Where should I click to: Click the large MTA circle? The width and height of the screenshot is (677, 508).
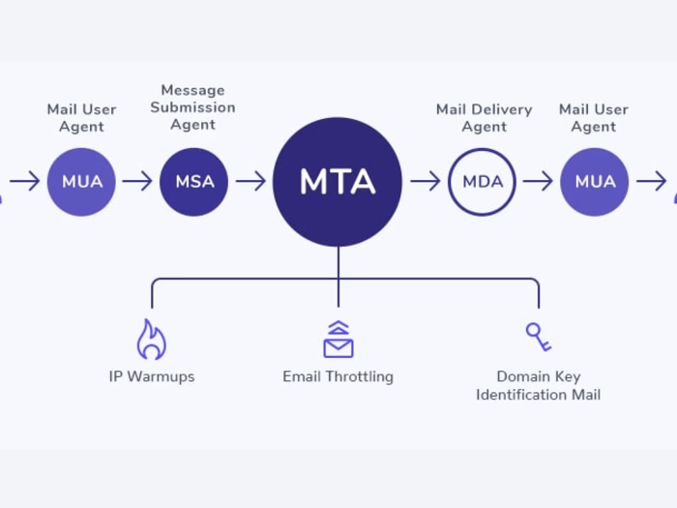338,181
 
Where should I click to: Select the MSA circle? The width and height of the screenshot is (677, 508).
194,181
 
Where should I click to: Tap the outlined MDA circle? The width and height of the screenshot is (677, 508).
482,181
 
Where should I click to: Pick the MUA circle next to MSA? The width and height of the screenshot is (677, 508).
82,181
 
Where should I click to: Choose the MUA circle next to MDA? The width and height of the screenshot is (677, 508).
594,181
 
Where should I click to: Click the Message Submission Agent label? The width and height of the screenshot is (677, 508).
192,107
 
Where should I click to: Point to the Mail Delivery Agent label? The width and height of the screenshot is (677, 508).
484,117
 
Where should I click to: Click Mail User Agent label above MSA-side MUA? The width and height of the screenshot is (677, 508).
82,117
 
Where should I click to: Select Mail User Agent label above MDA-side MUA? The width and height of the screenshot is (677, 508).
594,117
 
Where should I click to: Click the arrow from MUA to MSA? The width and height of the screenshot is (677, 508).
137,181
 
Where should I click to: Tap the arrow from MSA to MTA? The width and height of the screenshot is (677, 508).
250,181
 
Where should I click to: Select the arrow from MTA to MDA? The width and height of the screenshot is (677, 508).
425,181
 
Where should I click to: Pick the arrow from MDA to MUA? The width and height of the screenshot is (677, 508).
538,181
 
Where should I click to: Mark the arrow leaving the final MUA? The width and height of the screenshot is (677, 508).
651,181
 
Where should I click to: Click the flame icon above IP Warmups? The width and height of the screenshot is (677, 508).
151,340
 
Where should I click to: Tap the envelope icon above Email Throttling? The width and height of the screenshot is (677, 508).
338,340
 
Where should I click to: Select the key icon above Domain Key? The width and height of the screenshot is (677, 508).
538,337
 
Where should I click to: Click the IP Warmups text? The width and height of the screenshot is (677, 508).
151,376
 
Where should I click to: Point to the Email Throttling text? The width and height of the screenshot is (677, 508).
338,376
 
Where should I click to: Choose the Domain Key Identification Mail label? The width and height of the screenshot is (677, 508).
538,385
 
